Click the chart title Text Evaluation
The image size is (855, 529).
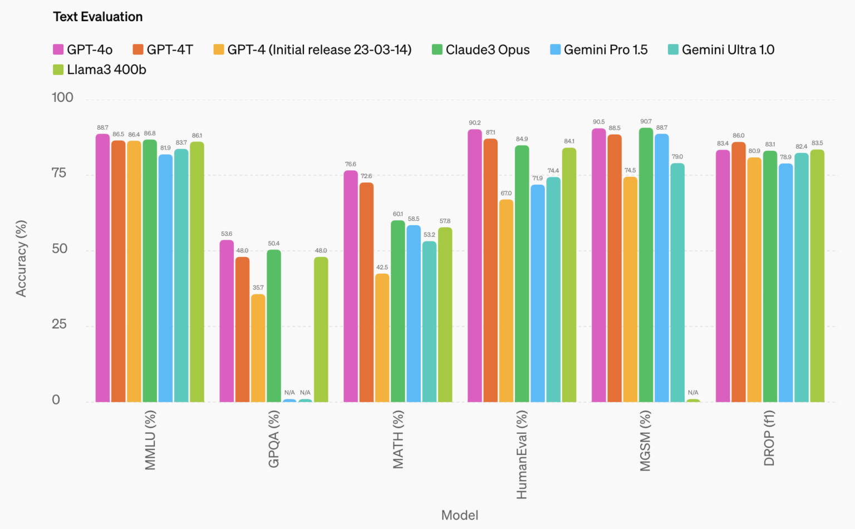tap(98, 17)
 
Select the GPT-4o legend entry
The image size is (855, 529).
tap(82, 50)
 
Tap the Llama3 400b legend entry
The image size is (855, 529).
tap(99, 70)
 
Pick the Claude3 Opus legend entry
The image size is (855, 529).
tap(480, 50)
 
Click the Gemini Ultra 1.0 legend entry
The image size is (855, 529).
tap(721, 50)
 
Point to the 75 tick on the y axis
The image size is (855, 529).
tap(59, 173)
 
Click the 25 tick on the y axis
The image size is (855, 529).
tap(59, 324)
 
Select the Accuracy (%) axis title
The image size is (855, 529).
tap(21, 258)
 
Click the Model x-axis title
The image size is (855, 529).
tap(460, 515)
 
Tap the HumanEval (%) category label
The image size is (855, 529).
tap(522, 455)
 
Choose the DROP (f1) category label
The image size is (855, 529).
tap(769, 438)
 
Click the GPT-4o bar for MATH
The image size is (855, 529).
tap(350, 286)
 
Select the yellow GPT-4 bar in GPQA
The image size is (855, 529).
tap(258, 348)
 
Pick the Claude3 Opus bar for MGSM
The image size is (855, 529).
tap(646, 265)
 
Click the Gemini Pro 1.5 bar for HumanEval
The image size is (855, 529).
tap(537, 293)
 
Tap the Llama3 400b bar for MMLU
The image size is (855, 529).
tap(197, 272)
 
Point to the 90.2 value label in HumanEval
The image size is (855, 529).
tap(474, 123)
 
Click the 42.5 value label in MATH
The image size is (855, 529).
tap(382, 268)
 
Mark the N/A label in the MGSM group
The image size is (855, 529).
tap(693, 393)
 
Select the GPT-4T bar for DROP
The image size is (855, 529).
tap(739, 272)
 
